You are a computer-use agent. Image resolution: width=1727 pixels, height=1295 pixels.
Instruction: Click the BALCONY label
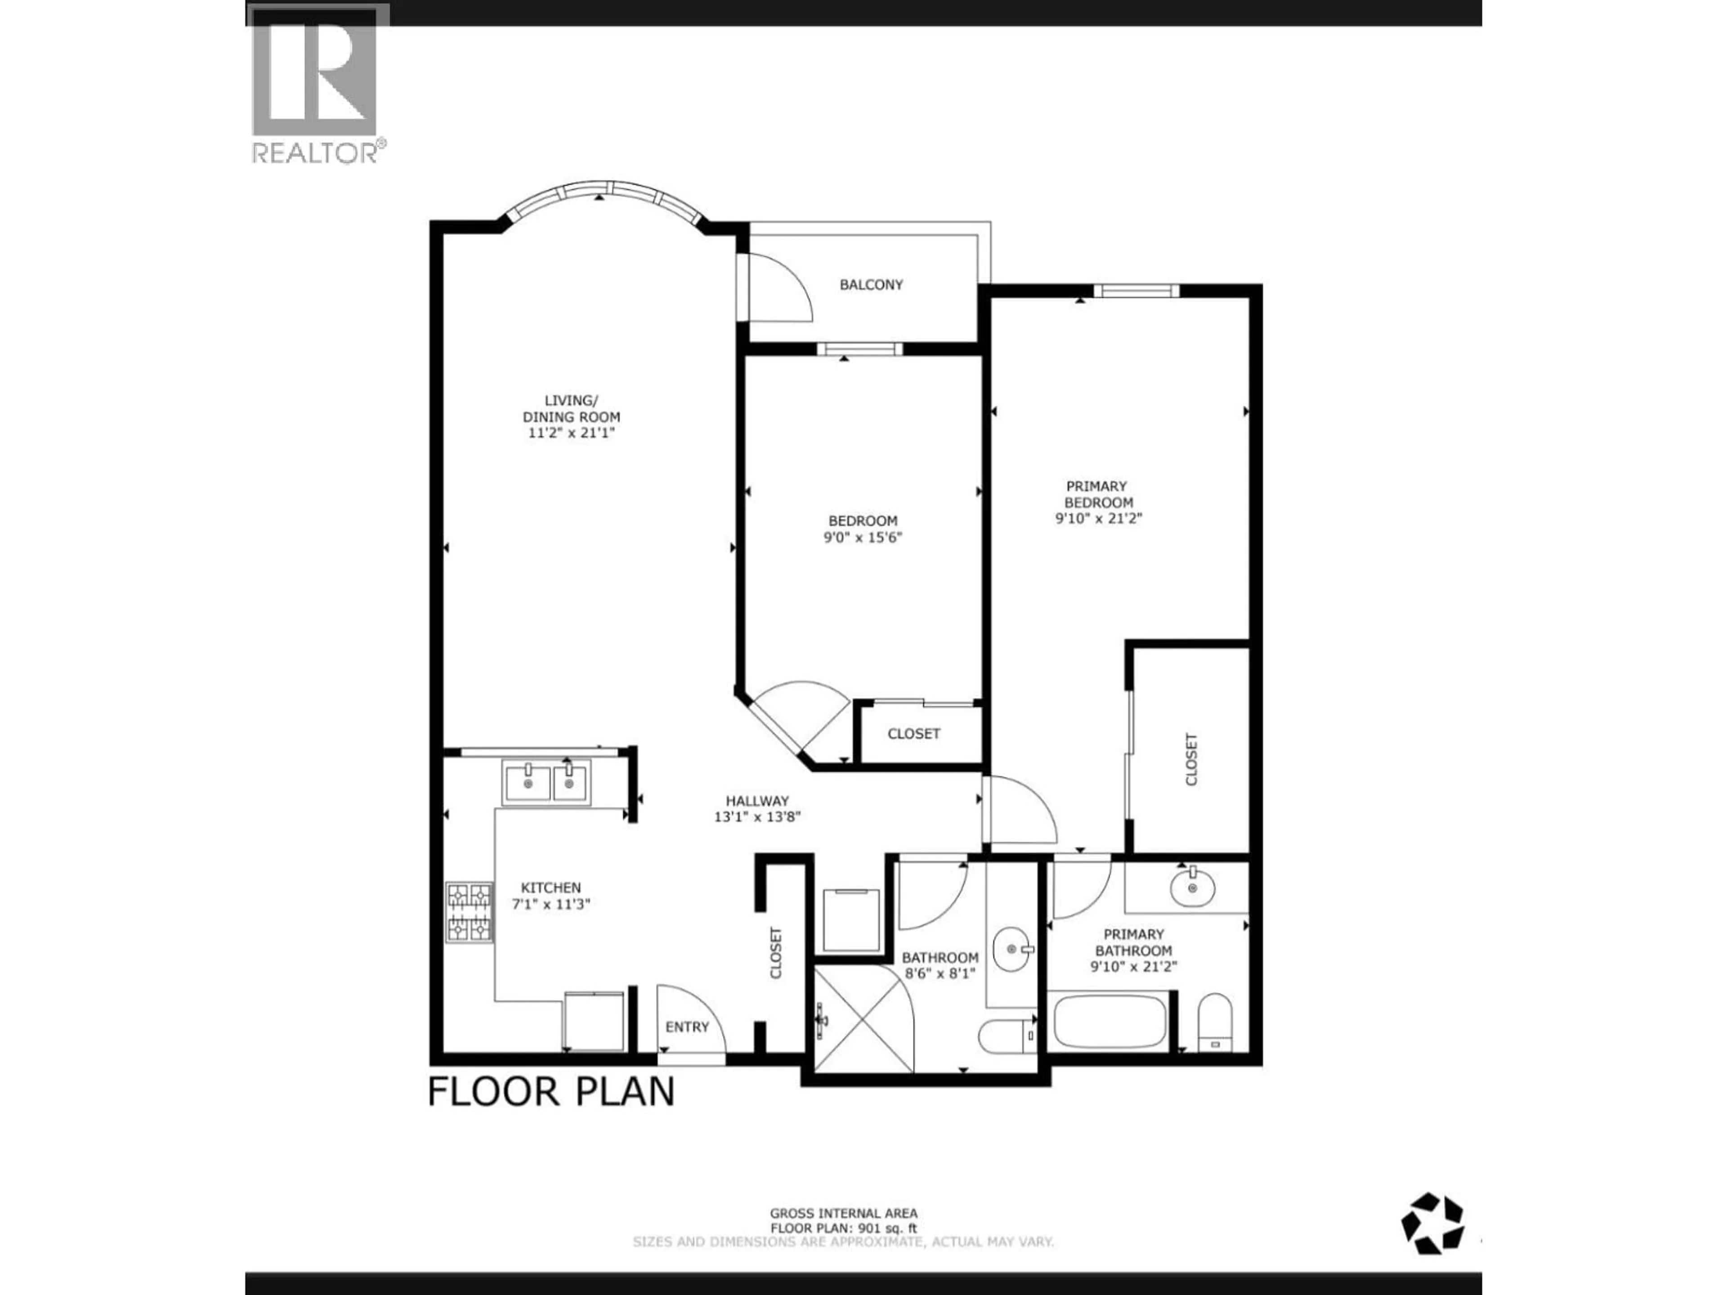tap(871, 285)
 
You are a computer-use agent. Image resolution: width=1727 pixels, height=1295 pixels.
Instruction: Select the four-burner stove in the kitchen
tap(469, 912)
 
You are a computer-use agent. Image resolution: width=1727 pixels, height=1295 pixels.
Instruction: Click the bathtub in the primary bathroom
tap(1110, 1022)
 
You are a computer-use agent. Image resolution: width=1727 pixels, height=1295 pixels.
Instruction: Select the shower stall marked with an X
tap(863, 1019)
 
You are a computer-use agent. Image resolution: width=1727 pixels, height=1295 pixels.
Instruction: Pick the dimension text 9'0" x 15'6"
tap(863, 537)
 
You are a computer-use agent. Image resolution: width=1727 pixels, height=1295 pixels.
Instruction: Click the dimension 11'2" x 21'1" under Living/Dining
tap(572, 433)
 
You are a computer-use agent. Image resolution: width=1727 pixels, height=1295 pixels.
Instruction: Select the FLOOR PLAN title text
tap(551, 1091)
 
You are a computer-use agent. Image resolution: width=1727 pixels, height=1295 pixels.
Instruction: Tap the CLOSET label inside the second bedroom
tap(913, 734)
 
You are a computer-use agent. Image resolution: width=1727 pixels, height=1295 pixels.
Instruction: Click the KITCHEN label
tap(551, 888)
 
